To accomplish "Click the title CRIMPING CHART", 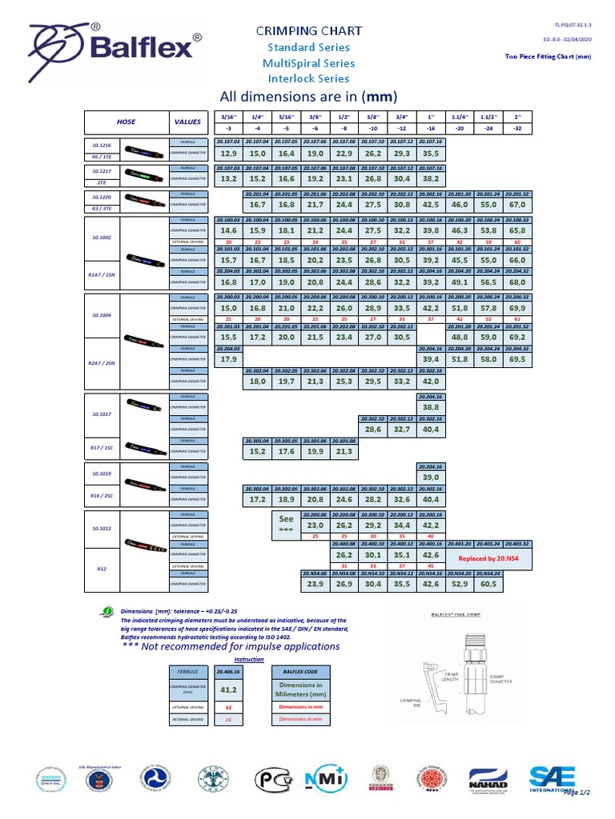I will click(308, 30).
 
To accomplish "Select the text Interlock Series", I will click(308, 78).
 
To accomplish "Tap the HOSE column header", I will click(126, 122).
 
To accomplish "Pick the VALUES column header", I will click(187, 122).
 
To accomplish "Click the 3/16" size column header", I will click(228, 117).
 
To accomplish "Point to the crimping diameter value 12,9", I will click(228, 153).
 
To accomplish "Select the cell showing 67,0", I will click(517, 205).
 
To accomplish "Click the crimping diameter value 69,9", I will click(517, 308).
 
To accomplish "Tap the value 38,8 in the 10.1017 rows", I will click(430, 407).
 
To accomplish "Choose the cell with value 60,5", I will click(488, 584).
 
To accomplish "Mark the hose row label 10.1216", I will click(102, 146).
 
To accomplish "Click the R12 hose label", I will click(102, 569).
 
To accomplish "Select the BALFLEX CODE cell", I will click(300, 672).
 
